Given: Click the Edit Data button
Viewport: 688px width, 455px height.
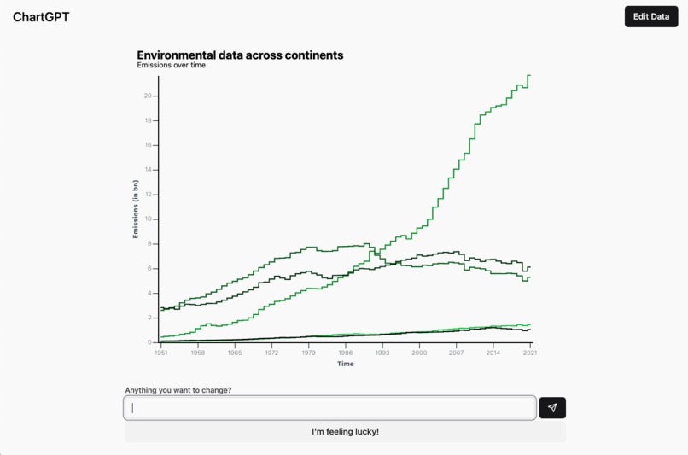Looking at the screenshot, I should point(650,16).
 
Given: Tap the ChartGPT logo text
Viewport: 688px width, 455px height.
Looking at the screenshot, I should point(41,17).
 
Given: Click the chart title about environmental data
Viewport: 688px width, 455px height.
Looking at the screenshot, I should point(240,55).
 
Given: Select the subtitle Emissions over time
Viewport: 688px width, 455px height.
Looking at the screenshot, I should point(171,65).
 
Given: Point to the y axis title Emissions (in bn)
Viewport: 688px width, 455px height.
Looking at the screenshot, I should point(135,209).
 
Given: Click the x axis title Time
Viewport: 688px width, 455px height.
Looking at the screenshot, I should point(345,364).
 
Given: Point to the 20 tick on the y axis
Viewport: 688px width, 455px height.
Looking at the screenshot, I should point(148,96).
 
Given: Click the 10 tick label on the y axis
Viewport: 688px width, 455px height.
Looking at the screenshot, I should point(148,219).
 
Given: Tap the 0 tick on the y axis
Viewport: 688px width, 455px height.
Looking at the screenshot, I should point(149,342).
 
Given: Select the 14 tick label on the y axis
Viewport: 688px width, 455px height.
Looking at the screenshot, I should point(148,169).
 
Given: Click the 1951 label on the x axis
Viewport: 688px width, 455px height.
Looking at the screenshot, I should point(160,352).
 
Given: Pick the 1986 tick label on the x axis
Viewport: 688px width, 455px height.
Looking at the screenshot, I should point(345,352).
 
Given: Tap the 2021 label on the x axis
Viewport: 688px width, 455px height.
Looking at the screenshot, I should point(530,352).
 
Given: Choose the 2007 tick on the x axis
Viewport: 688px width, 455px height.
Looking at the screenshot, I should point(456,352).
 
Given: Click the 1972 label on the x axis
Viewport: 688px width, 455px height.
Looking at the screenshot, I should point(271,352).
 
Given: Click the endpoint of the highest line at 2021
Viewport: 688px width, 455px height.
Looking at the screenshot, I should point(530,75).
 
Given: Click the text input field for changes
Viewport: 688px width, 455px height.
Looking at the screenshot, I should point(330,408).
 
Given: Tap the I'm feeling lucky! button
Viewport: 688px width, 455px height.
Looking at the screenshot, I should point(345,432).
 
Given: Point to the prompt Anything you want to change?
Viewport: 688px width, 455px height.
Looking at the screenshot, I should point(178,390).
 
